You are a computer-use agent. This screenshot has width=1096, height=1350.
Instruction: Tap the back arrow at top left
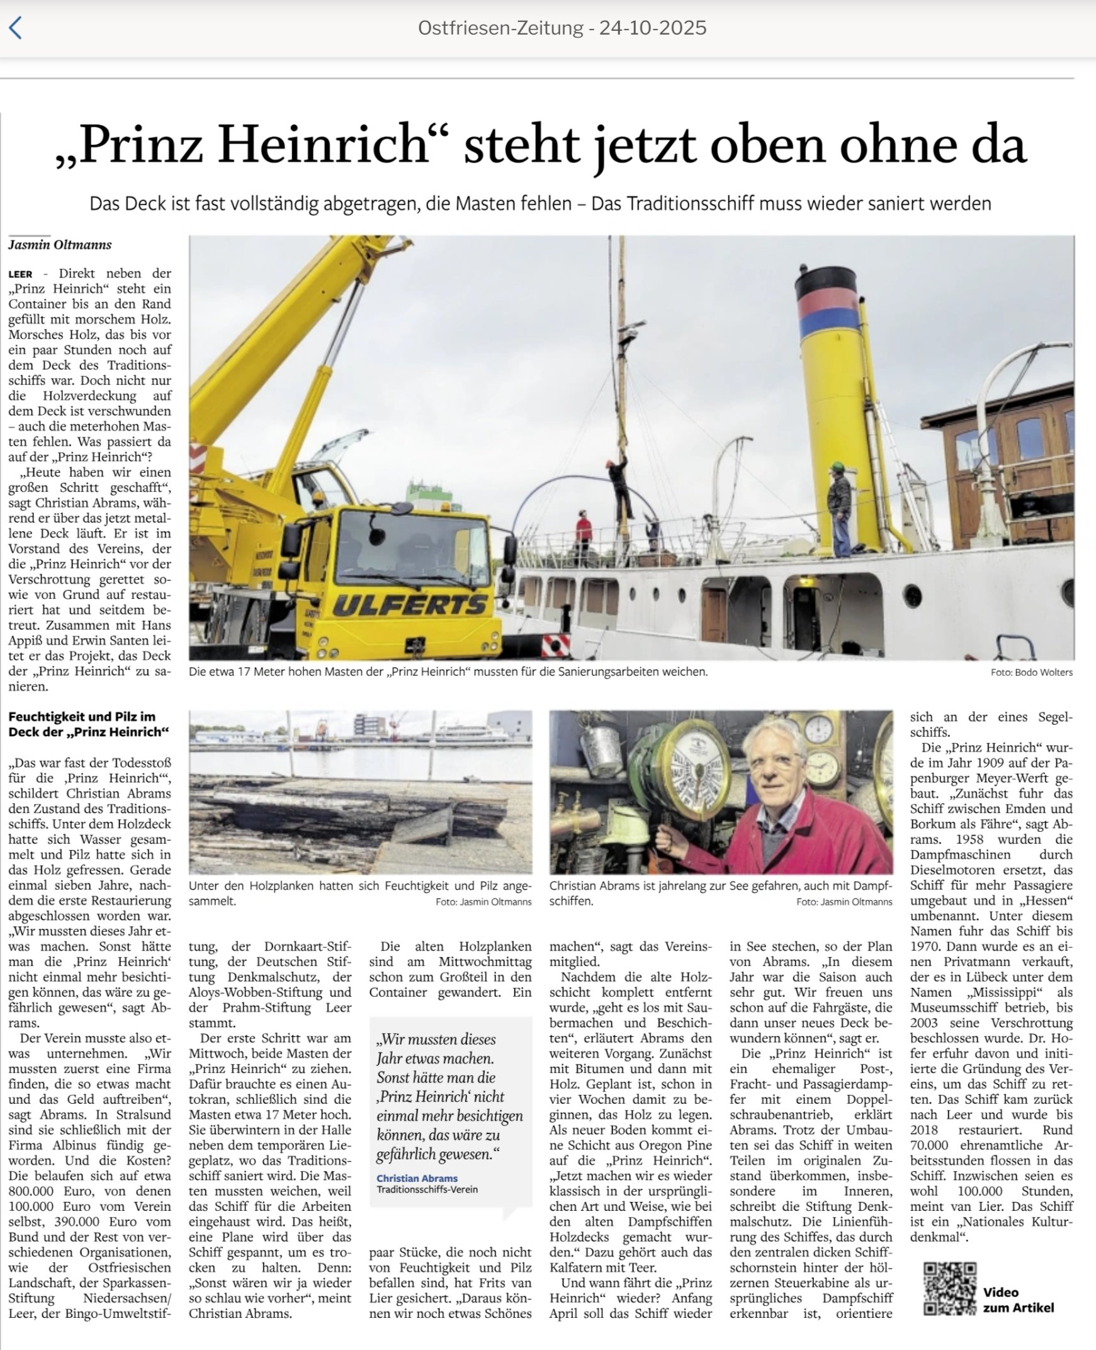[x=16, y=28]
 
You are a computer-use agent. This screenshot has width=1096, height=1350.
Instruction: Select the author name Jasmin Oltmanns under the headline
[x=60, y=245]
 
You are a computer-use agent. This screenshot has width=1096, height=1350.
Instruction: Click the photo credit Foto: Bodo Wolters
[x=1031, y=672]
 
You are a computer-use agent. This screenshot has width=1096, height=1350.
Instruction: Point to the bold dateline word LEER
[x=20, y=275]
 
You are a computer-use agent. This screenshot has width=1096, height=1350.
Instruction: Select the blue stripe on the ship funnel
[x=828, y=324]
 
